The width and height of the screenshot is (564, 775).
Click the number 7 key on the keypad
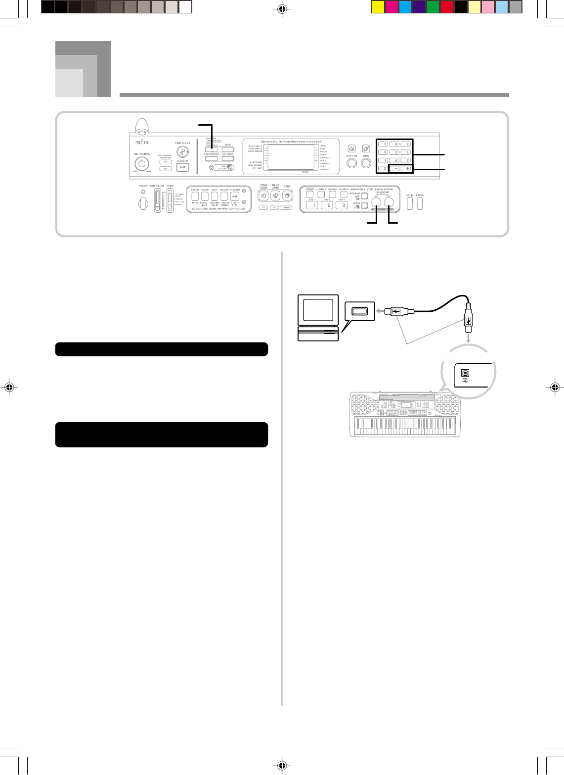click(x=383, y=145)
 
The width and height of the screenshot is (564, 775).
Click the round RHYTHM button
click(x=352, y=163)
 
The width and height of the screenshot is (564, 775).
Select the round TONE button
click(x=366, y=163)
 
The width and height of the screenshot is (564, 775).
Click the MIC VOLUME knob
click(x=142, y=163)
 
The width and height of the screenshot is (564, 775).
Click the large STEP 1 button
click(x=312, y=205)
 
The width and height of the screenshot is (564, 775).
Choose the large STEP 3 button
click(x=341, y=205)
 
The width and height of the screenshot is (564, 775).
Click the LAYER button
click(x=420, y=203)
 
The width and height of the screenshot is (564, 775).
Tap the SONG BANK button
click(x=263, y=196)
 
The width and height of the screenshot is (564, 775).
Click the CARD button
click(x=287, y=196)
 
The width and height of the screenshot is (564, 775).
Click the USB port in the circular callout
click(x=465, y=373)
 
